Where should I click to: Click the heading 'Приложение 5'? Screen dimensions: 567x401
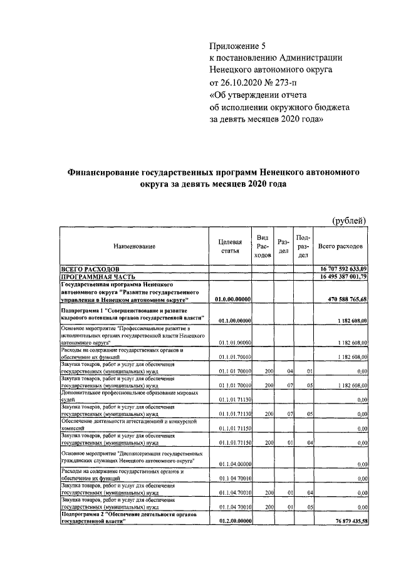237,46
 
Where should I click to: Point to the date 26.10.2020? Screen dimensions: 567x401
244,82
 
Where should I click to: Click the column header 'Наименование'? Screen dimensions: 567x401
134,247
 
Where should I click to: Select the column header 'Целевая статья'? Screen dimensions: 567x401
230,247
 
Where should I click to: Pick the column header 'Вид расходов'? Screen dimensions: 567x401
263,247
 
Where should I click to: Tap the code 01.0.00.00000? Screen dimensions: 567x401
232,299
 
